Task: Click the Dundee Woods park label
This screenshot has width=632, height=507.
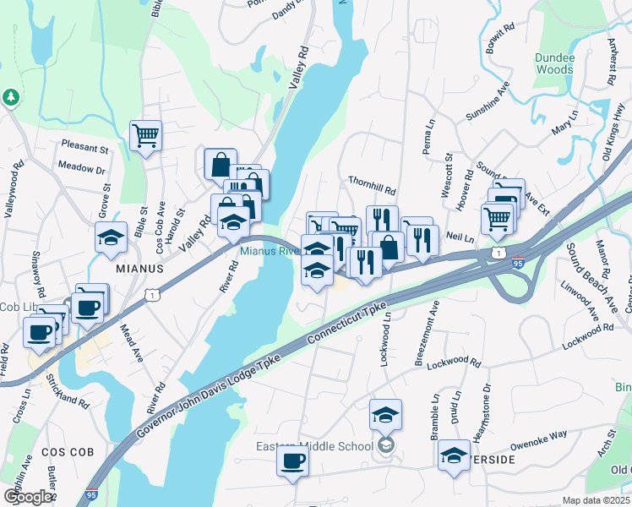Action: tap(554, 63)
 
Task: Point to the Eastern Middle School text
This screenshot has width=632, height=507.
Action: tap(314, 446)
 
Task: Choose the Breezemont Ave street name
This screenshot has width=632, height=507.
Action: tap(428, 331)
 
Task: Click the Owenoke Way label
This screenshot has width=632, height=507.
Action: tap(538, 440)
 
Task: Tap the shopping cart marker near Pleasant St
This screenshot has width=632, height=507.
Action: tap(145, 135)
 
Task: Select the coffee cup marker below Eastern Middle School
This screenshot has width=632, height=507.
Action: tap(292, 461)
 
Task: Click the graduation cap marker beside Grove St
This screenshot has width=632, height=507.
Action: tap(110, 237)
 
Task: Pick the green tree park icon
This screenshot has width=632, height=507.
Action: tap(11, 98)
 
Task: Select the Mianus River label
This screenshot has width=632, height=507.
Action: tap(269, 251)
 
